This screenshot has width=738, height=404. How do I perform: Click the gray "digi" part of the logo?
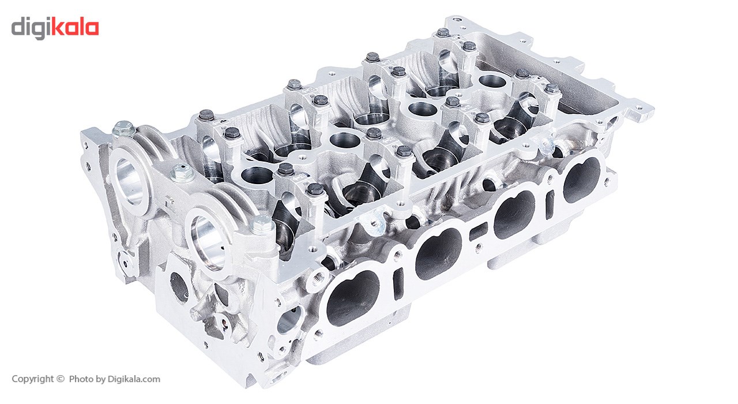(x=31, y=28)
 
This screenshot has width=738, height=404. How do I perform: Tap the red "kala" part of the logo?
(x=75, y=27)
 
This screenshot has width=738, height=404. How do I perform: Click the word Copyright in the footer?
(x=33, y=379)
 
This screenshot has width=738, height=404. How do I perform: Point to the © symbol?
(x=61, y=379)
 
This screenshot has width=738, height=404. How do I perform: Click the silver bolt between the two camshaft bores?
(x=181, y=173)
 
